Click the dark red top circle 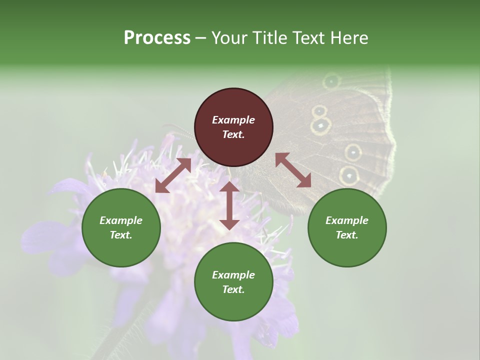(x=233, y=127)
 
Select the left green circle (x=121, y=227)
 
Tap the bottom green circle (x=233, y=281)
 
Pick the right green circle (x=347, y=227)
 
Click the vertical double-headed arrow (x=229, y=205)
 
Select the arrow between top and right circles (x=293, y=170)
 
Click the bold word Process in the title (x=157, y=37)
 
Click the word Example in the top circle (x=233, y=120)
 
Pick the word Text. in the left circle (x=121, y=235)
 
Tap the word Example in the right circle (x=347, y=220)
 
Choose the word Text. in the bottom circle (x=233, y=289)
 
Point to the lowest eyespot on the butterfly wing (x=349, y=175)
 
